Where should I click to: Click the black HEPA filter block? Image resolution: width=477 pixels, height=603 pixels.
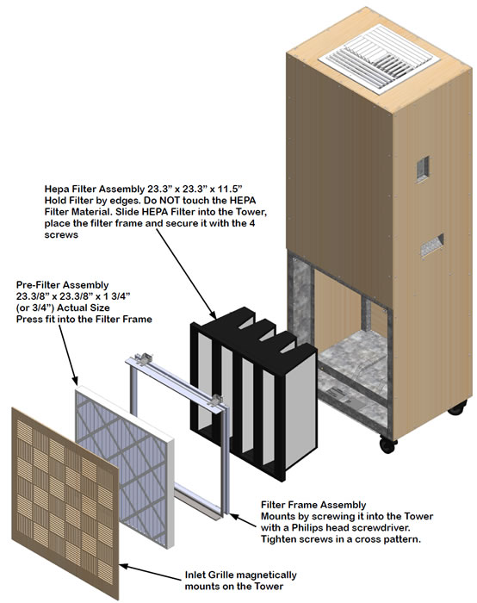pyautogui.click(x=250, y=379)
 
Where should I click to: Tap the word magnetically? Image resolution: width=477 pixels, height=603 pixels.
pyautogui.click(x=262, y=573)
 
